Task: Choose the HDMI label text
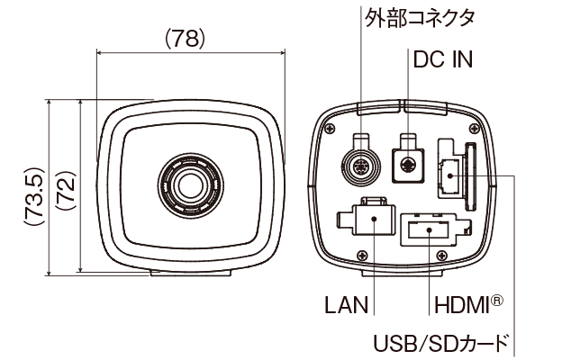(x=459, y=304)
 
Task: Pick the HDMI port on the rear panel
(x=430, y=229)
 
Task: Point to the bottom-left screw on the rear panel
(x=361, y=253)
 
